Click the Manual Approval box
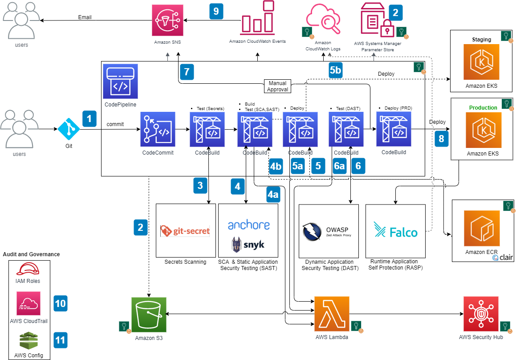click(x=278, y=86)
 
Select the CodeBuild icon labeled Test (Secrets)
click(x=207, y=129)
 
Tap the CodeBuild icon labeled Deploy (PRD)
click(x=394, y=129)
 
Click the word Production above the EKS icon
click(x=483, y=108)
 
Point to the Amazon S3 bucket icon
click(x=149, y=315)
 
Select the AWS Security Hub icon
click(x=481, y=314)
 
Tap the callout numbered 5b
click(x=336, y=70)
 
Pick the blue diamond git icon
click(x=69, y=129)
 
